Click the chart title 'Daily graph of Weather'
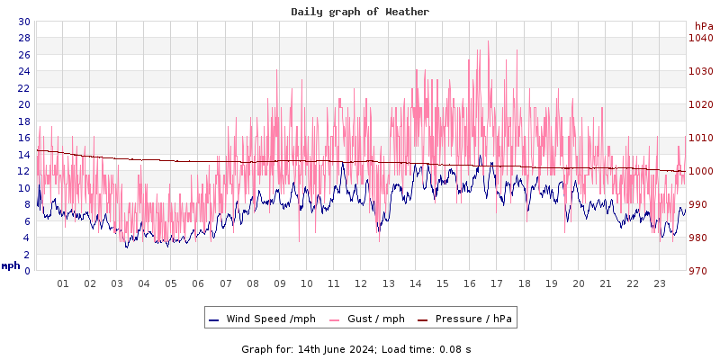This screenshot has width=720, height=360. (x=360, y=12)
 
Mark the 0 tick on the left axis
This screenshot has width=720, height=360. (x=27, y=271)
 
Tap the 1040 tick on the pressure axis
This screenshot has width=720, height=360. (x=700, y=38)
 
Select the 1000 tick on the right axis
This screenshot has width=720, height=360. (x=700, y=171)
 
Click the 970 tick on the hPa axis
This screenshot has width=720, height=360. (x=700, y=271)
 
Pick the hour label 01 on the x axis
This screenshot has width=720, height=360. (x=63, y=283)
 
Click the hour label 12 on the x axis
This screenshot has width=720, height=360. (x=361, y=283)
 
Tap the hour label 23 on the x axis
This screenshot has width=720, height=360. (x=660, y=283)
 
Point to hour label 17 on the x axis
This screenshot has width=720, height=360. (x=497, y=283)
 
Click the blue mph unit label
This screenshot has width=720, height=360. (x=11, y=265)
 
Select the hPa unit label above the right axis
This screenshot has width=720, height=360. (x=704, y=26)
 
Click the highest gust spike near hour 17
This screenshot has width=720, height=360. (x=488, y=41)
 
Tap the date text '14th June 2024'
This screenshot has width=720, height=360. (x=336, y=349)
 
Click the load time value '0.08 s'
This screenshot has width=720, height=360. (x=454, y=349)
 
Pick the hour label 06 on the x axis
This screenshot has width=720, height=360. (x=198, y=283)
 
